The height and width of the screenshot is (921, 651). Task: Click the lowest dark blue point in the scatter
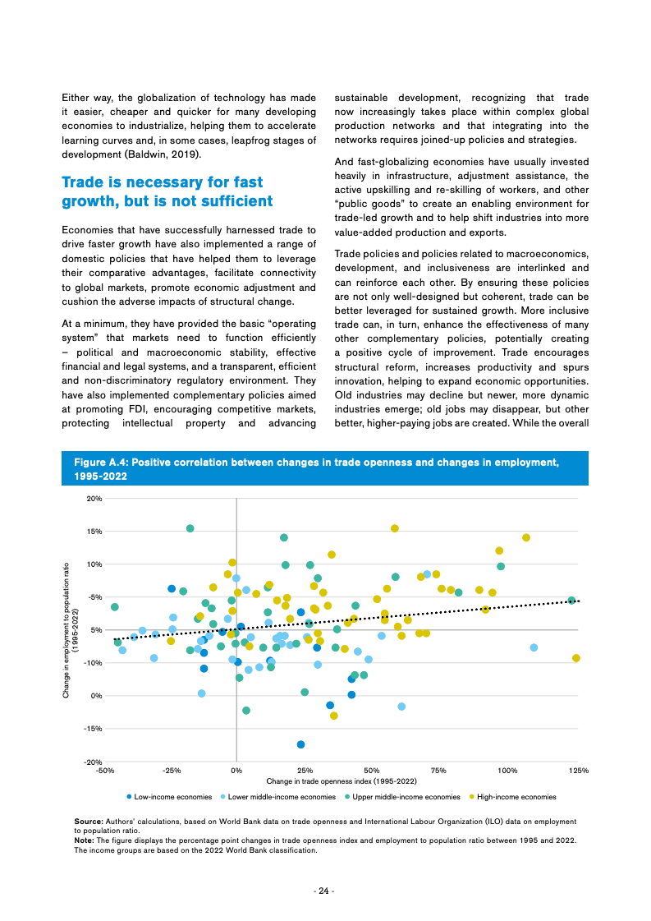click(300, 744)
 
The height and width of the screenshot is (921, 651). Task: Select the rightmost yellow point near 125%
click(576, 658)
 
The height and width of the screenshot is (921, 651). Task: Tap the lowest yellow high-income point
click(333, 716)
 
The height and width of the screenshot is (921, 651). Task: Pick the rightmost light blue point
click(534, 647)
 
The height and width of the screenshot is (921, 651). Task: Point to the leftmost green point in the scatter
click(115, 607)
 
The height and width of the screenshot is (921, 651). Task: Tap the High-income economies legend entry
click(516, 796)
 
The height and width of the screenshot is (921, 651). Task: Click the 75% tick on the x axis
click(438, 771)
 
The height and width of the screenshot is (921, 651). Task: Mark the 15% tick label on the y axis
click(94, 532)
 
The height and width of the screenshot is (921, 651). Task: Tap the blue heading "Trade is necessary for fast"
click(163, 182)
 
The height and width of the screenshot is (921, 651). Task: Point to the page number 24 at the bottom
click(325, 891)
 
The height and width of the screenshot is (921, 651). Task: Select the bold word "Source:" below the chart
click(88, 821)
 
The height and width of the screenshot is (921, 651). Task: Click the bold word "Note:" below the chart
click(85, 840)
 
